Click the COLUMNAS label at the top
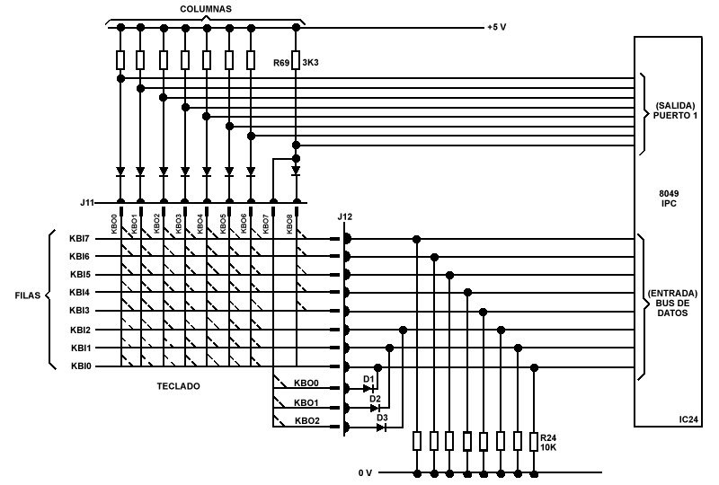pos(205,8)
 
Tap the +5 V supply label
pos(496,27)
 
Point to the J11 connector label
pos(86,202)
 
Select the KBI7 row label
pos(80,239)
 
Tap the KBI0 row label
pos(80,366)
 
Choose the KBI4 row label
pos(80,293)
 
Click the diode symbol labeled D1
pos(368,388)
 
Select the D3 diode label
pos(381,417)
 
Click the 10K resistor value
pos(549,446)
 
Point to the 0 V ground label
pos(365,472)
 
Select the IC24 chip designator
pos(690,419)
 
